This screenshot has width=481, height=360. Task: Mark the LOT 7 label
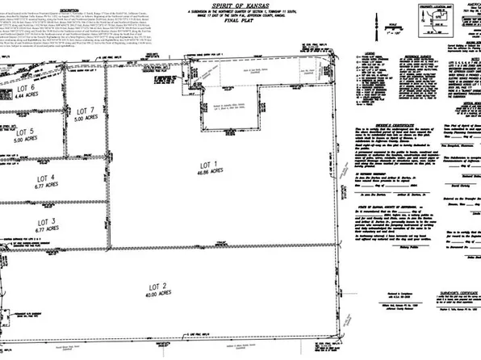click(85, 110)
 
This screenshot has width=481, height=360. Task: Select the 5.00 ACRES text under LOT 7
click(85, 119)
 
